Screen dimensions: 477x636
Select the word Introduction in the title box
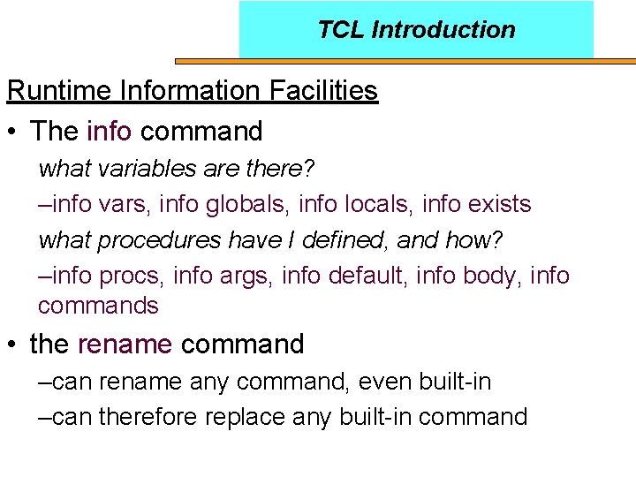443,30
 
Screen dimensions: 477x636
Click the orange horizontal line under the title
405,61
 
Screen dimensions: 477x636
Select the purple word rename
125,344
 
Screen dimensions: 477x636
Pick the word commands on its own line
98,307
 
